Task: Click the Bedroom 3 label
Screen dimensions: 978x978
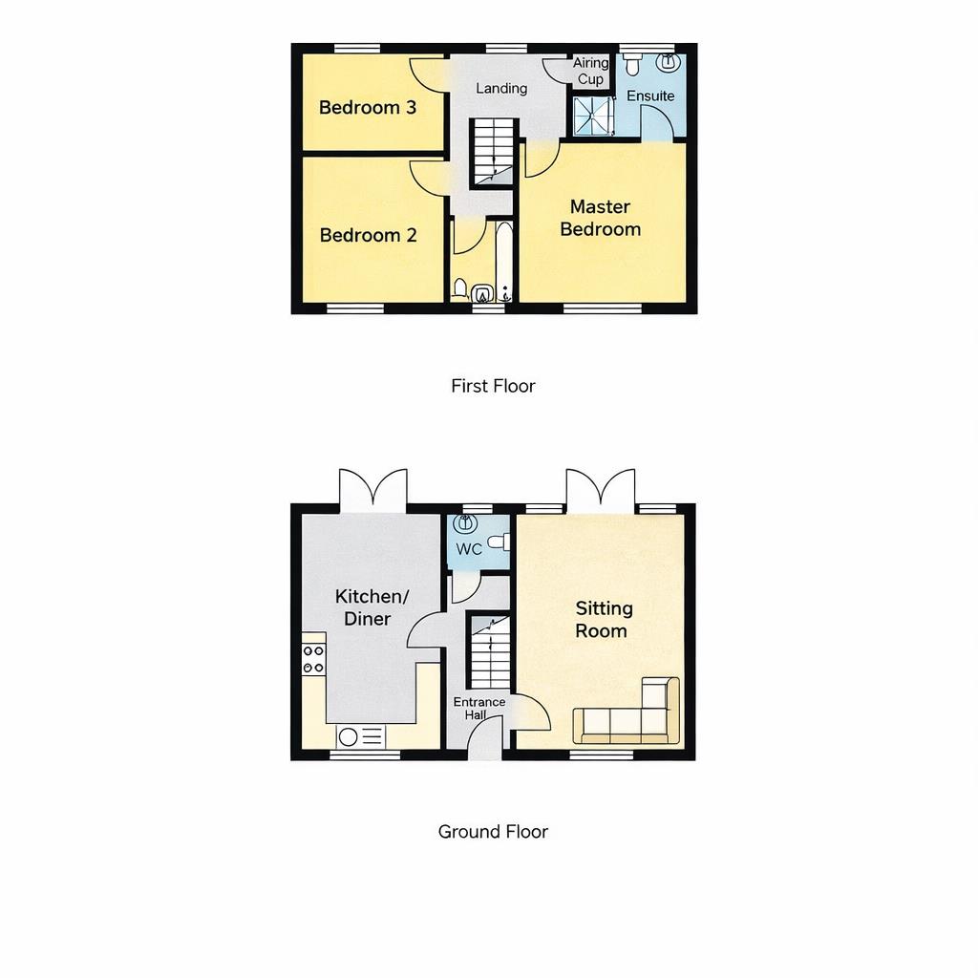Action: pos(368,108)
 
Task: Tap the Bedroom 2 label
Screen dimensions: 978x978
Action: pos(368,235)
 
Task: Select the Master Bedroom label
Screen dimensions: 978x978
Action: pos(600,218)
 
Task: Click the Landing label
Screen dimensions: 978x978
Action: pos(501,89)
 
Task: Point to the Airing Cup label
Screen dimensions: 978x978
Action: pos(590,72)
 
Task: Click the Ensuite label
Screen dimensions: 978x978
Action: pos(650,96)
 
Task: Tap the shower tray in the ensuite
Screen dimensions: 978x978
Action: pos(592,117)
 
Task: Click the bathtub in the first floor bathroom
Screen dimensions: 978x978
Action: pos(504,260)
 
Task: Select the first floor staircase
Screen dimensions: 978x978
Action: pos(494,153)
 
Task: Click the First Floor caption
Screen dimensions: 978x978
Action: pos(493,386)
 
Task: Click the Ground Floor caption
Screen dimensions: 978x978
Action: pos(493,831)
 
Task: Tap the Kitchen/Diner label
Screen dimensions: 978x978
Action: pos(372,607)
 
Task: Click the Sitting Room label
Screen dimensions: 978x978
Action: pos(604,619)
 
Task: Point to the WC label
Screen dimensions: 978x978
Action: pos(469,549)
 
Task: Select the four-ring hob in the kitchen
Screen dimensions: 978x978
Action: pos(313,659)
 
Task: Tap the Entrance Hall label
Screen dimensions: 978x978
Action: pos(479,708)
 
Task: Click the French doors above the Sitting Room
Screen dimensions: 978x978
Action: pos(600,490)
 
